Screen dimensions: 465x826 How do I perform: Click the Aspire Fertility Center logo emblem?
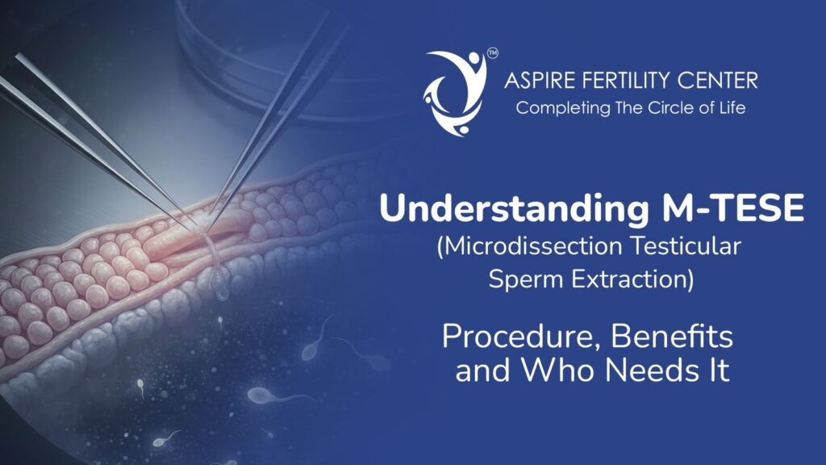tap(455, 91)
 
